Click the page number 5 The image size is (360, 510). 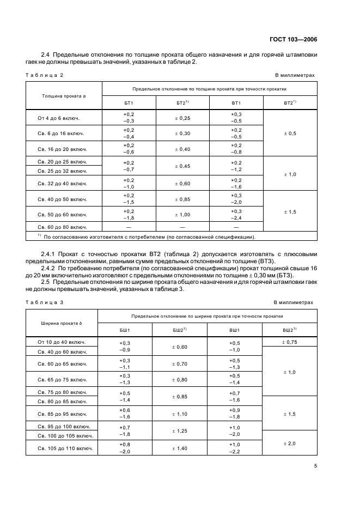coord(315,466)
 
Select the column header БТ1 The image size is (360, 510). coord(129,102)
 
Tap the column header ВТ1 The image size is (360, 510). coord(236,102)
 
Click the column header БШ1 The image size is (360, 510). coord(125,330)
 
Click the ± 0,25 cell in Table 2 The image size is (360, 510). coord(183,118)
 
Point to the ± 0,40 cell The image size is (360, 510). coord(183,149)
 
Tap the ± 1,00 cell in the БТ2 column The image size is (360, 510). coord(183,214)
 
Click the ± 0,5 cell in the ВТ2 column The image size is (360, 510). coord(290,133)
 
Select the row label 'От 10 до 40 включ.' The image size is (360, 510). coord(62,342)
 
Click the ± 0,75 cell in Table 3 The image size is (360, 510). coord(290,342)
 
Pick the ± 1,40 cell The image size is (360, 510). coord(180,448)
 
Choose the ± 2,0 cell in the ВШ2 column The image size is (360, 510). coord(290,444)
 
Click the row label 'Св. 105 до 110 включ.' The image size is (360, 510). coord(62,448)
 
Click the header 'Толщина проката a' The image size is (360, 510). coord(64,95)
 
